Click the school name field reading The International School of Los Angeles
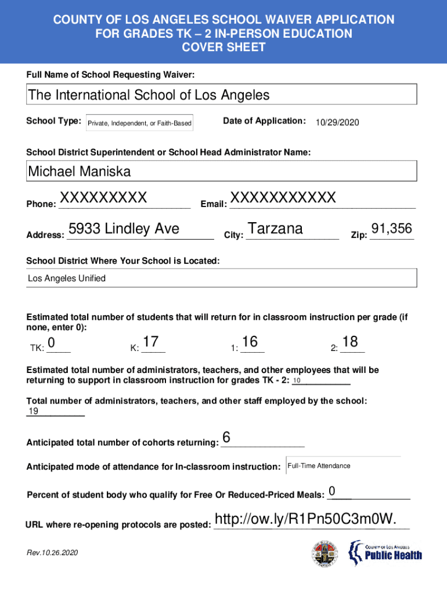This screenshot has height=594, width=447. coord(149,95)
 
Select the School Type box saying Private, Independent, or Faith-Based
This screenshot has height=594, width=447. coord(139,124)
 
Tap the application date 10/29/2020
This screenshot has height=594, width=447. coord(338,122)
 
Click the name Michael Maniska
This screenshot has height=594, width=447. coord(80,171)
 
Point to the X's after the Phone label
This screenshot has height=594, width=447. coord(103,198)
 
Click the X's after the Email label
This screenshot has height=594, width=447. coord(283,197)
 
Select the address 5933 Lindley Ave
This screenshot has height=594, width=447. coord(124,229)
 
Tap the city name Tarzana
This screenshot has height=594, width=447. coord(275,229)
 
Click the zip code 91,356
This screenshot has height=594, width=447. coord(392,229)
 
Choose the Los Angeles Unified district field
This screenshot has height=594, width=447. coord(67,278)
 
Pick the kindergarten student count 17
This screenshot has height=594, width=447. coord(151,342)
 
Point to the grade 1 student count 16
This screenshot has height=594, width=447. coord(250,342)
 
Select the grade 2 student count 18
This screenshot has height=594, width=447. coord(351,342)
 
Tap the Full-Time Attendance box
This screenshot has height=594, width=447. coord(319,466)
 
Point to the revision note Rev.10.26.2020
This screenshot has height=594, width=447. coord(52,553)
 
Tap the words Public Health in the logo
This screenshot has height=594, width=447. coord(393,556)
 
